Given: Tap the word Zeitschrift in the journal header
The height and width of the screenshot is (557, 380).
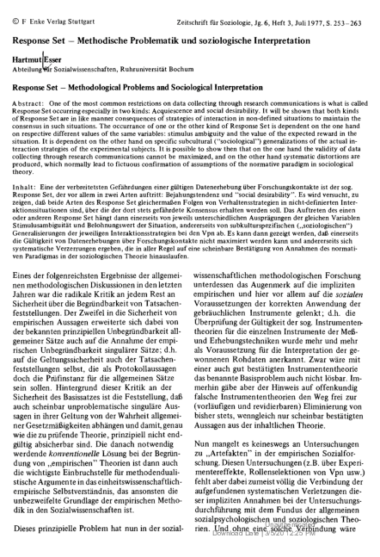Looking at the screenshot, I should [179, 7].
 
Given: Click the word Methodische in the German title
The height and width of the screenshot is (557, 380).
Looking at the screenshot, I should [103, 26].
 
